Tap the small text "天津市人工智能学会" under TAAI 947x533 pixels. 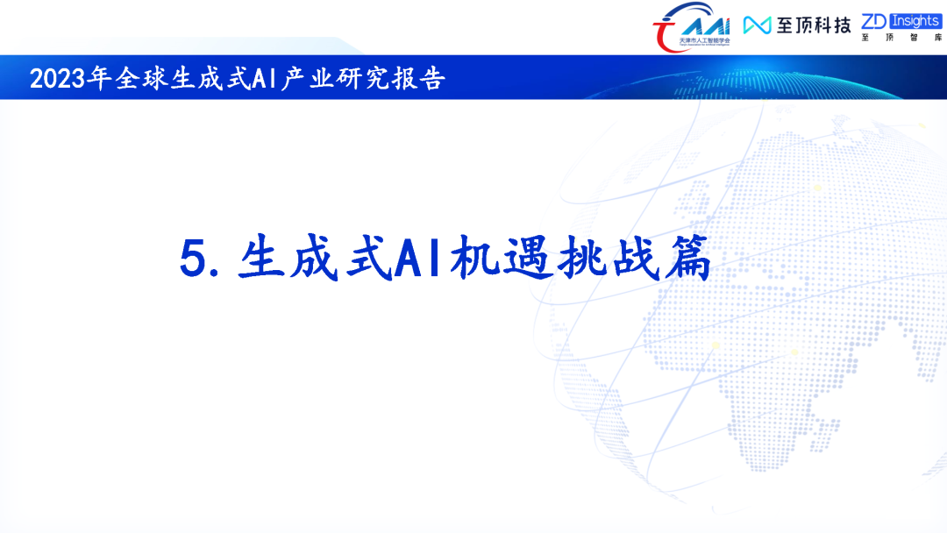coord(705,41)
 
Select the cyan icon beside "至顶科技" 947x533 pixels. coord(757,25)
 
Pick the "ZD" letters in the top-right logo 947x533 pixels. coord(874,20)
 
